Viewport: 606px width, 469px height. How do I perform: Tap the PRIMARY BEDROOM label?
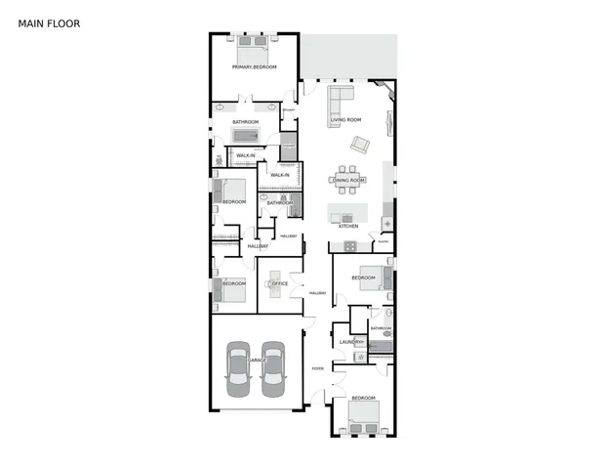point(254,66)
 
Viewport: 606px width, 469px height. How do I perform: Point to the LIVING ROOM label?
point(345,120)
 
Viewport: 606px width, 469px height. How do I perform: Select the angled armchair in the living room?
point(360,144)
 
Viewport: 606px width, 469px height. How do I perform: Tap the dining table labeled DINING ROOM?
point(349,180)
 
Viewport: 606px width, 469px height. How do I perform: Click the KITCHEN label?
point(348,226)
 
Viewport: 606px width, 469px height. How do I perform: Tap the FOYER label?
point(317,368)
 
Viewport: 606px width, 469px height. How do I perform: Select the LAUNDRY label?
point(350,342)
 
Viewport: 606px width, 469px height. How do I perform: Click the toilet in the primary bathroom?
point(218,159)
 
